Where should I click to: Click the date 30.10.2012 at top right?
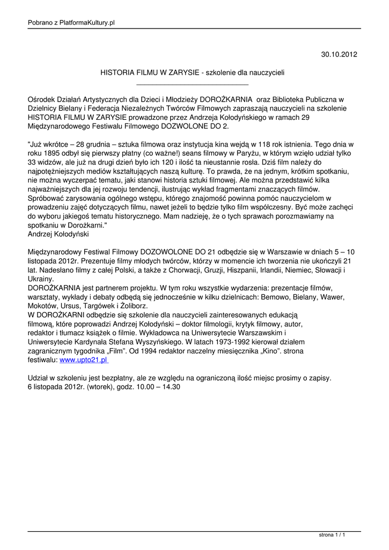pos(339,54)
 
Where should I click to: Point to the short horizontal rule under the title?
pos(193,84)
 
